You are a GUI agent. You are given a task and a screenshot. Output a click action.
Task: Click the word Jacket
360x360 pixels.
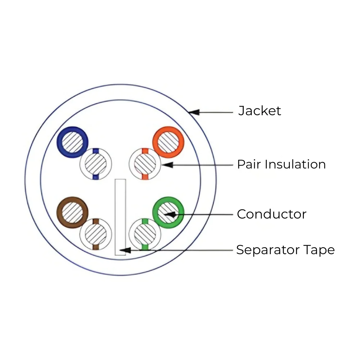tap(260, 111)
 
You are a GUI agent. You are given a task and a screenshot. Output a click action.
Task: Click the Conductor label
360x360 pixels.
tap(271, 214)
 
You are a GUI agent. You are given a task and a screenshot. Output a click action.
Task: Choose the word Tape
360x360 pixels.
tap(319, 250)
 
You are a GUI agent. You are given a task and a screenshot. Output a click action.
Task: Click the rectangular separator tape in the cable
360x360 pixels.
tap(120, 217)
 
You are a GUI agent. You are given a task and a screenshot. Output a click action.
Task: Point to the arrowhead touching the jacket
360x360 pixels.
tap(194, 112)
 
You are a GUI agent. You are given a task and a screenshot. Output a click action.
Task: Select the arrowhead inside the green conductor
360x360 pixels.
tap(171, 215)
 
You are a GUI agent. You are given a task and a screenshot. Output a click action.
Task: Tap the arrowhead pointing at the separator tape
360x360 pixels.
tap(125, 250)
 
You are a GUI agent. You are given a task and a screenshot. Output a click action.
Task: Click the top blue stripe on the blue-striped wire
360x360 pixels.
tap(96, 151)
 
